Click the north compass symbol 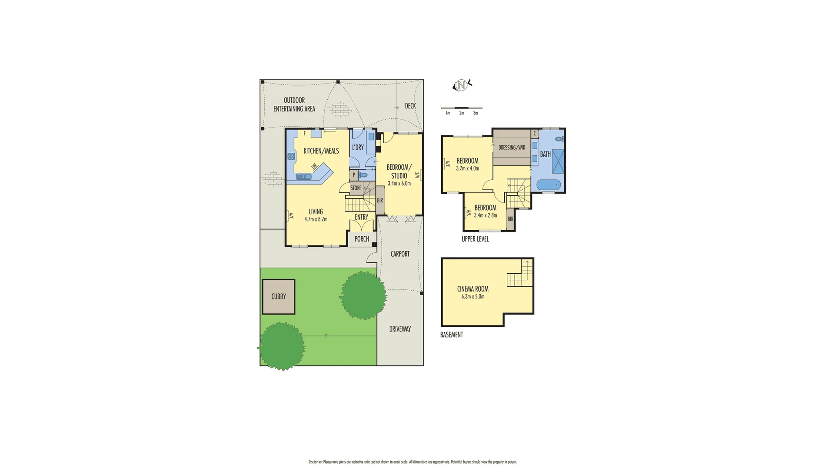point(462,85)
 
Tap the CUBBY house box point(279,296)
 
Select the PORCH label point(362,239)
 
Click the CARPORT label point(400,254)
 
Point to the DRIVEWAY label point(400,329)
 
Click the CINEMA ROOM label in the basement point(472,289)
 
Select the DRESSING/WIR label point(512,148)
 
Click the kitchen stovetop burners point(291,157)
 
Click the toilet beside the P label point(363,175)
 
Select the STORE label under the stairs point(356,188)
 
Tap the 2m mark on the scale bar point(462,113)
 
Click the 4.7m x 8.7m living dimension point(316,219)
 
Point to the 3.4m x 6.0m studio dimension point(399,184)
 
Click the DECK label point(410,106)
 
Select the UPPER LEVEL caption point(475,239)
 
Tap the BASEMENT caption point(452,335)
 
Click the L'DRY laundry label point(358,147)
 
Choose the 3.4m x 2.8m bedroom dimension point(485,215)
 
